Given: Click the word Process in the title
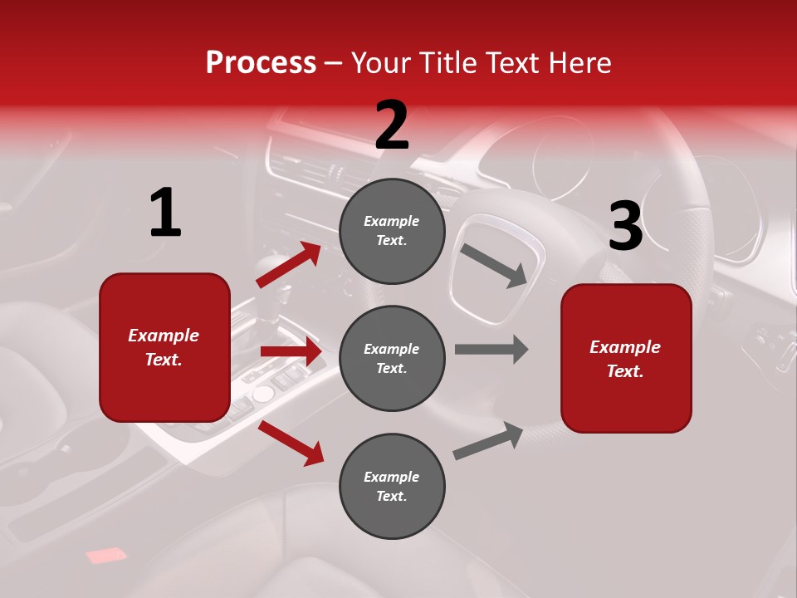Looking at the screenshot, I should (261, 62).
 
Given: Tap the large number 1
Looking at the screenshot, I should (165, 213).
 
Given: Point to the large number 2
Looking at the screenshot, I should (392, 125).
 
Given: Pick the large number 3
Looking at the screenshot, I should (625, 227).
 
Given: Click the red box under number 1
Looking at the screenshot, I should (164, 347).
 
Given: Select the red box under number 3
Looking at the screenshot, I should (626, 358).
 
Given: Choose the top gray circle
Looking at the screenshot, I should (392, 231).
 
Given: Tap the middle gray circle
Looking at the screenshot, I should (392, 358).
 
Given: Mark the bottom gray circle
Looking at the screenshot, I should (392, 486).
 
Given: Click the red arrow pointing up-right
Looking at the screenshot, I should (289, 264).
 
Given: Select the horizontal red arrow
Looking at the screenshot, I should (291, 351).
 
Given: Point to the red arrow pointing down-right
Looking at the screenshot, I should (291, 443).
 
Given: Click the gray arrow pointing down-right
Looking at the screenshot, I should (493, 266).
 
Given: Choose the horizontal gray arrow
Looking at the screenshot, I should (491, 349).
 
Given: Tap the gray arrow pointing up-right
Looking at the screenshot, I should (488, 441).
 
